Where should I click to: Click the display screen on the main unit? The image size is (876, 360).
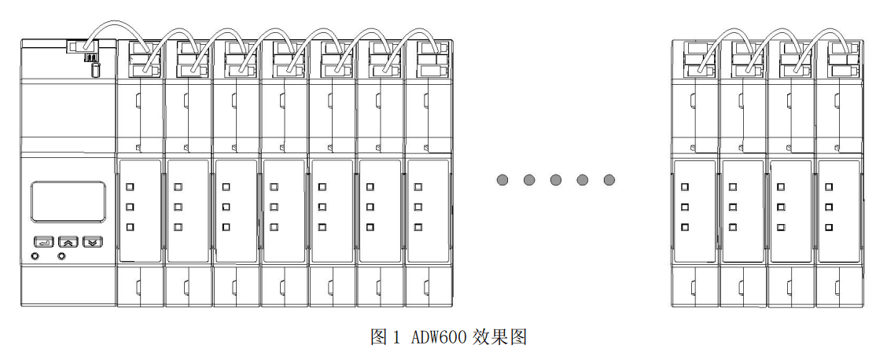pos(68,201)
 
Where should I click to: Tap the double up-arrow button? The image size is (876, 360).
pos(68,241)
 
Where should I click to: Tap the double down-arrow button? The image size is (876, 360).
pos(93,241)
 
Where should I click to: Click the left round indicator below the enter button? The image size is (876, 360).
pos(35,256)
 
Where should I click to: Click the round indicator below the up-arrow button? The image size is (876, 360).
pos(61,256)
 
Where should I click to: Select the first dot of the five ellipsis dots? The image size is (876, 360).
pos(502,180)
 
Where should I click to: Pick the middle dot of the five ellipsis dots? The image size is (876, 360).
pos(556,180)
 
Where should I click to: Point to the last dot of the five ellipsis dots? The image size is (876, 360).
pos(609,180)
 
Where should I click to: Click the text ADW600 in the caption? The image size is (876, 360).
pos(439,337)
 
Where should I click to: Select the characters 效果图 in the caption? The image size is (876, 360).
pos(499,337)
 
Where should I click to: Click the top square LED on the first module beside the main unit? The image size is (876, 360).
pos(131,187)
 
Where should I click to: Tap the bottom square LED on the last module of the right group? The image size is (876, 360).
pos(829,227)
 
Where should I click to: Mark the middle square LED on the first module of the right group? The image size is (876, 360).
pos(685,207)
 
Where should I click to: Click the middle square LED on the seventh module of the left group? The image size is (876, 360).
pos(418,207)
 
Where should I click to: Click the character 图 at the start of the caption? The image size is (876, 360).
pos(379,337)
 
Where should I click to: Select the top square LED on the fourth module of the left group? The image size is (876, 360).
pos(274,187)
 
